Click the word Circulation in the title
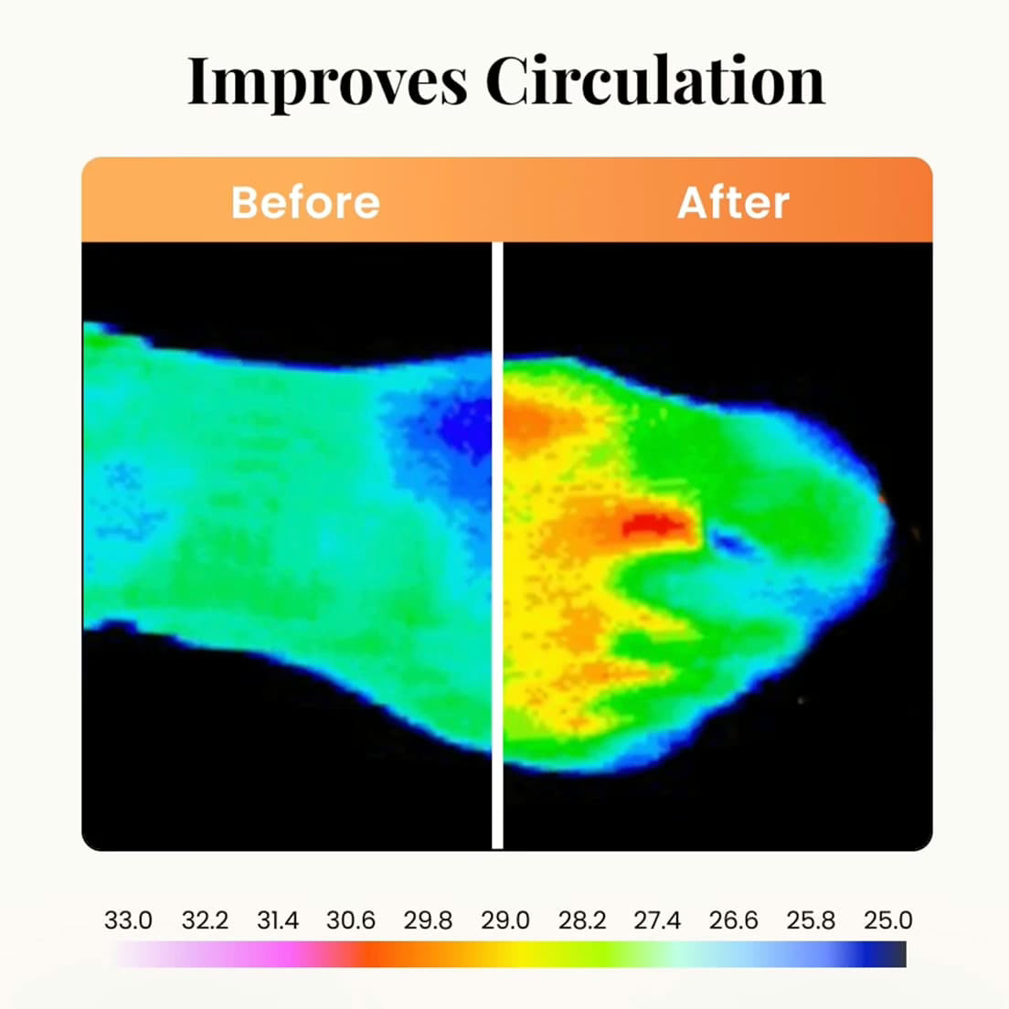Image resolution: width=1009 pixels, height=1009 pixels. (x=654, y=81)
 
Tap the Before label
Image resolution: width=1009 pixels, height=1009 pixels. (x=305, y=202)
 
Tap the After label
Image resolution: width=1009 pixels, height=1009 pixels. (x=733, y=202)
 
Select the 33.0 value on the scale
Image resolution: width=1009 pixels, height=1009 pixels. (x=128, y=920)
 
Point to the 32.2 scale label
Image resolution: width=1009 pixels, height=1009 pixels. (x=205, y=920)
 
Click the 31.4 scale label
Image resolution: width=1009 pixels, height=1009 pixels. (x=278, y=920)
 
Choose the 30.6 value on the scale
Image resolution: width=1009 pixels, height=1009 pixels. (x=351, y=920)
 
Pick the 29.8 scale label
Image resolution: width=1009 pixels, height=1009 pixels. (x=428, y=920)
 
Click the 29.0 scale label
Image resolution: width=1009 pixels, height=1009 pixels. (x=505, y=920)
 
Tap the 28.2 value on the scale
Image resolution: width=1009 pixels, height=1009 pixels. (x=582, y=920)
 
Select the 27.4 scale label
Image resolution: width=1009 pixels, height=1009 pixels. (x=657, y=920)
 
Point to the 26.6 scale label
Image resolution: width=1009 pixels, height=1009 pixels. (x=733, y=920)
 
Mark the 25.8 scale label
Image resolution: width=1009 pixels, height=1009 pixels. (x=811, y=920)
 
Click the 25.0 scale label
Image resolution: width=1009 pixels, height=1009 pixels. (x=887, y=920)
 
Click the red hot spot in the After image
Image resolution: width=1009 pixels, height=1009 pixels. (x=652, y=525)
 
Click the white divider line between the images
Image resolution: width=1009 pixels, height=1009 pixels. (x=497, y=548)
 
